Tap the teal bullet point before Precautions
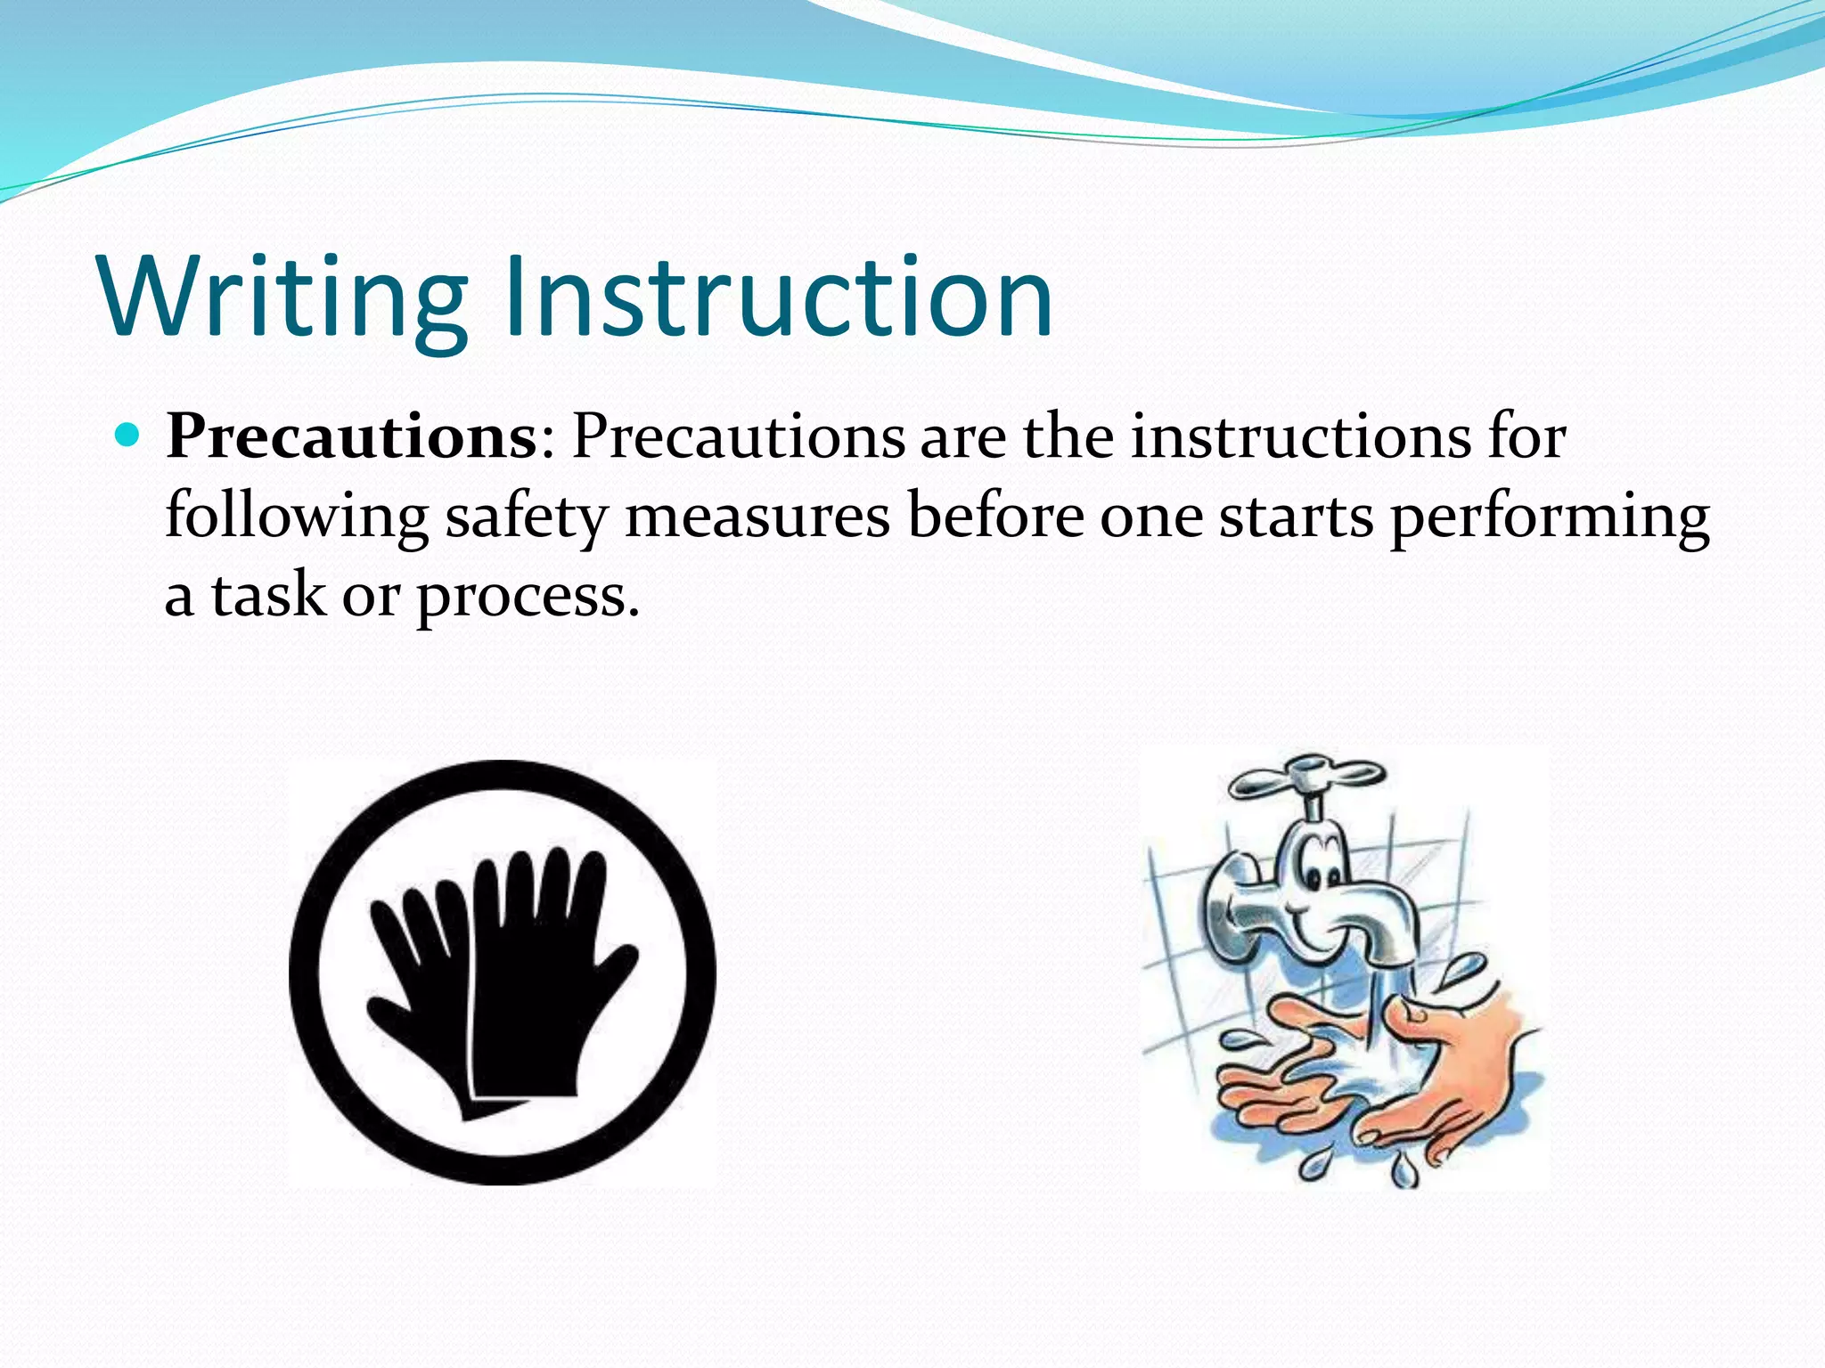(x=129, y=436)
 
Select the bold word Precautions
(x=351, y=438)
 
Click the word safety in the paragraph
(x=526, y=517)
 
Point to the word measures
(x=757, y=517)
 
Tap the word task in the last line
(x=268, y=595)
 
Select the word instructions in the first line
(x=1301, y=438)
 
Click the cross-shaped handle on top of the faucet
(x=1307, y=776)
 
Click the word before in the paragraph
(x=994, y=517)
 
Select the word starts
(x=1296, y=517)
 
